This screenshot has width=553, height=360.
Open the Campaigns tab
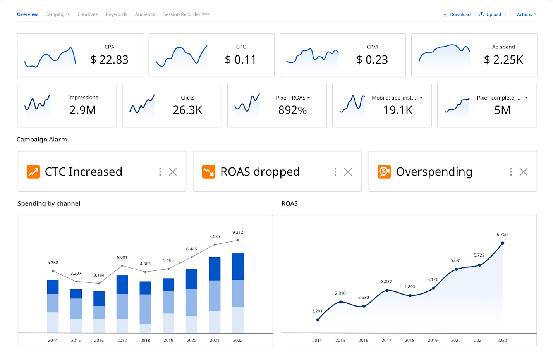(57, 14)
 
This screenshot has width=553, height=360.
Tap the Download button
(457, 14)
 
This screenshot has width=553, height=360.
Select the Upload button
(490, 14)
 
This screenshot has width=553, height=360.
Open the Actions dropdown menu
(523, 14)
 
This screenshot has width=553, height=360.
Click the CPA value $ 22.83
(109, 60)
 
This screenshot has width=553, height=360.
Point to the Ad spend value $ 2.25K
(503, 60)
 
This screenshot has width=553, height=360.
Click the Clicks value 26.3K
(187, 110)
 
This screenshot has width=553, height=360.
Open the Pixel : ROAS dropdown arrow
(309, 98)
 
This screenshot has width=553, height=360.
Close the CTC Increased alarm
(173, 172)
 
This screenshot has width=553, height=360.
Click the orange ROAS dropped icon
(209, 172)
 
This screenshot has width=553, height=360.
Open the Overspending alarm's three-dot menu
(511, 172)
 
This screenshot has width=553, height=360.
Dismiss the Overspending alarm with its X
(524, 172)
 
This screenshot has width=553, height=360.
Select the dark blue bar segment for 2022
(238, 266)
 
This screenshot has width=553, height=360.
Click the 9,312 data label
(238, 232)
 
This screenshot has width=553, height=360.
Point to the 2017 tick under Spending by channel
(122, 341)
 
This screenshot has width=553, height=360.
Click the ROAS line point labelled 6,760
(503, 243)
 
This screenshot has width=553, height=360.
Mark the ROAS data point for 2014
(318, 320)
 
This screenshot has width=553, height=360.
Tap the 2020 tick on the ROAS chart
(456, 341)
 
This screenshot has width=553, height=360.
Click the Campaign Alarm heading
(42, 140)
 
